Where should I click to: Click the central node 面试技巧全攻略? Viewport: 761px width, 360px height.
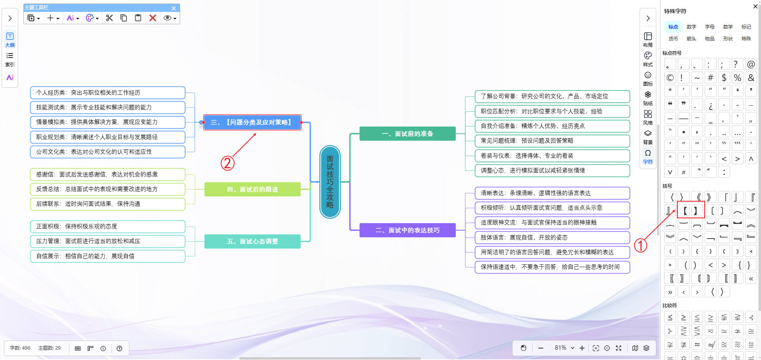(x=330, y=182)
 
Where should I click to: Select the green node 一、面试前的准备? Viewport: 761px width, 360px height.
(x=407, y=134)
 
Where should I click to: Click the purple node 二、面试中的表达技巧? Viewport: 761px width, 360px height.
(x=407, y=230)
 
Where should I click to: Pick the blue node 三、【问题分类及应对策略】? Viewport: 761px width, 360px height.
(x=252, y=122)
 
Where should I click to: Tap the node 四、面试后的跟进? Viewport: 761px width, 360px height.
(x=252, y=189)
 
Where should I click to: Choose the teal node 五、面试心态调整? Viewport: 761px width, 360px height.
(x=252, y=241)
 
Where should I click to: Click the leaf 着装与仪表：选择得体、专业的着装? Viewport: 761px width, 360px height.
(x=552, y=156)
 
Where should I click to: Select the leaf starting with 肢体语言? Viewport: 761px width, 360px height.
(x=552, y=237)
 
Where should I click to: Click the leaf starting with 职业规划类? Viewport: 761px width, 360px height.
(x=108, y=137)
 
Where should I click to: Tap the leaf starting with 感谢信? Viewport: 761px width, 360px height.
(x=108, y=174)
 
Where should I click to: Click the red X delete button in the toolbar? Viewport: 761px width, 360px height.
(x=153, y=18)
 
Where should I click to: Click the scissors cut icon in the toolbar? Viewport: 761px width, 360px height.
(x=110, y=18)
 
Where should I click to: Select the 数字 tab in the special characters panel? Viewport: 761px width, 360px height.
(x=691, y=27)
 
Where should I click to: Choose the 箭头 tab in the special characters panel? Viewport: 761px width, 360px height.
(x=691, y=39)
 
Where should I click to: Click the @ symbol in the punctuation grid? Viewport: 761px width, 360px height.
(x=751, y=64)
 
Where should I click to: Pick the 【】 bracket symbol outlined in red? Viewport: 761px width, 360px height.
(x=690, y=210)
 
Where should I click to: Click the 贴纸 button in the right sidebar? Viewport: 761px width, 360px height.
(x=648, y=98)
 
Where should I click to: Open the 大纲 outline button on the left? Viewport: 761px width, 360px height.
(x=10, y=39)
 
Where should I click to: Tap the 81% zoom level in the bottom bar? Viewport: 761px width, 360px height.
(x=560, y=348)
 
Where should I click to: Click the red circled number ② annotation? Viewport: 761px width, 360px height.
(x=227, y=163)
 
